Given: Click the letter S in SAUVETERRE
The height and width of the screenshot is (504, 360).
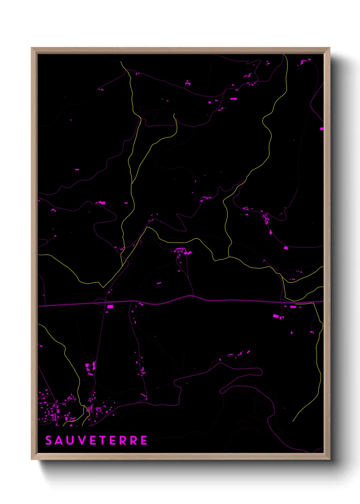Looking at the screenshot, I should point(49,440).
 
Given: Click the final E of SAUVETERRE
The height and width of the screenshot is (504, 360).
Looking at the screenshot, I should point(144,440).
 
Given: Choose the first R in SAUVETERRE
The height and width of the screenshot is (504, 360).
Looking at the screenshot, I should point(123,440).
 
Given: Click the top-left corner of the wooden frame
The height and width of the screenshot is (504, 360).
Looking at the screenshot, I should point(32,48).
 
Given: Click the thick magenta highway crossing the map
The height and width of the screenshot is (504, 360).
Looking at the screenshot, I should point(204,300).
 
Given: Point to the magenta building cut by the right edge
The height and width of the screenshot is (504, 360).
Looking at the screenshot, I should point(322,129).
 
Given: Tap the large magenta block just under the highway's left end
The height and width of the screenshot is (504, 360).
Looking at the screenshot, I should point(110,306).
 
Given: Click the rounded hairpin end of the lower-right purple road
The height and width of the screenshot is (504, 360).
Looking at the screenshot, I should point(261,371).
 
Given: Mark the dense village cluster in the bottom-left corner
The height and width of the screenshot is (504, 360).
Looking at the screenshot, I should point(51,410).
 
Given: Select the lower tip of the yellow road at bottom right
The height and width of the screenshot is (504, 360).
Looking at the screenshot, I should point(293,421).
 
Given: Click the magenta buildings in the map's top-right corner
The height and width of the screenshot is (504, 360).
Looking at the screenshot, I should point(305,62).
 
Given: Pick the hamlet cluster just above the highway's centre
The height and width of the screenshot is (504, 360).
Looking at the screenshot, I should point(182,252).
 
